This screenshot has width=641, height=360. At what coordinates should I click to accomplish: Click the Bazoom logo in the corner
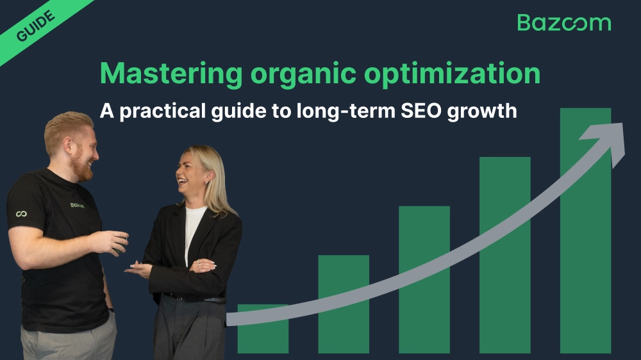coord(563,22)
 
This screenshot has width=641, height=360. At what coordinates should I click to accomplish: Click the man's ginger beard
coord(82,168)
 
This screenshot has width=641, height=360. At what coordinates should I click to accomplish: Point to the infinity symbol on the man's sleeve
coord(21,213)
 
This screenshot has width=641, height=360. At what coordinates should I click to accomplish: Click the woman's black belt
coord(193,297)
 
